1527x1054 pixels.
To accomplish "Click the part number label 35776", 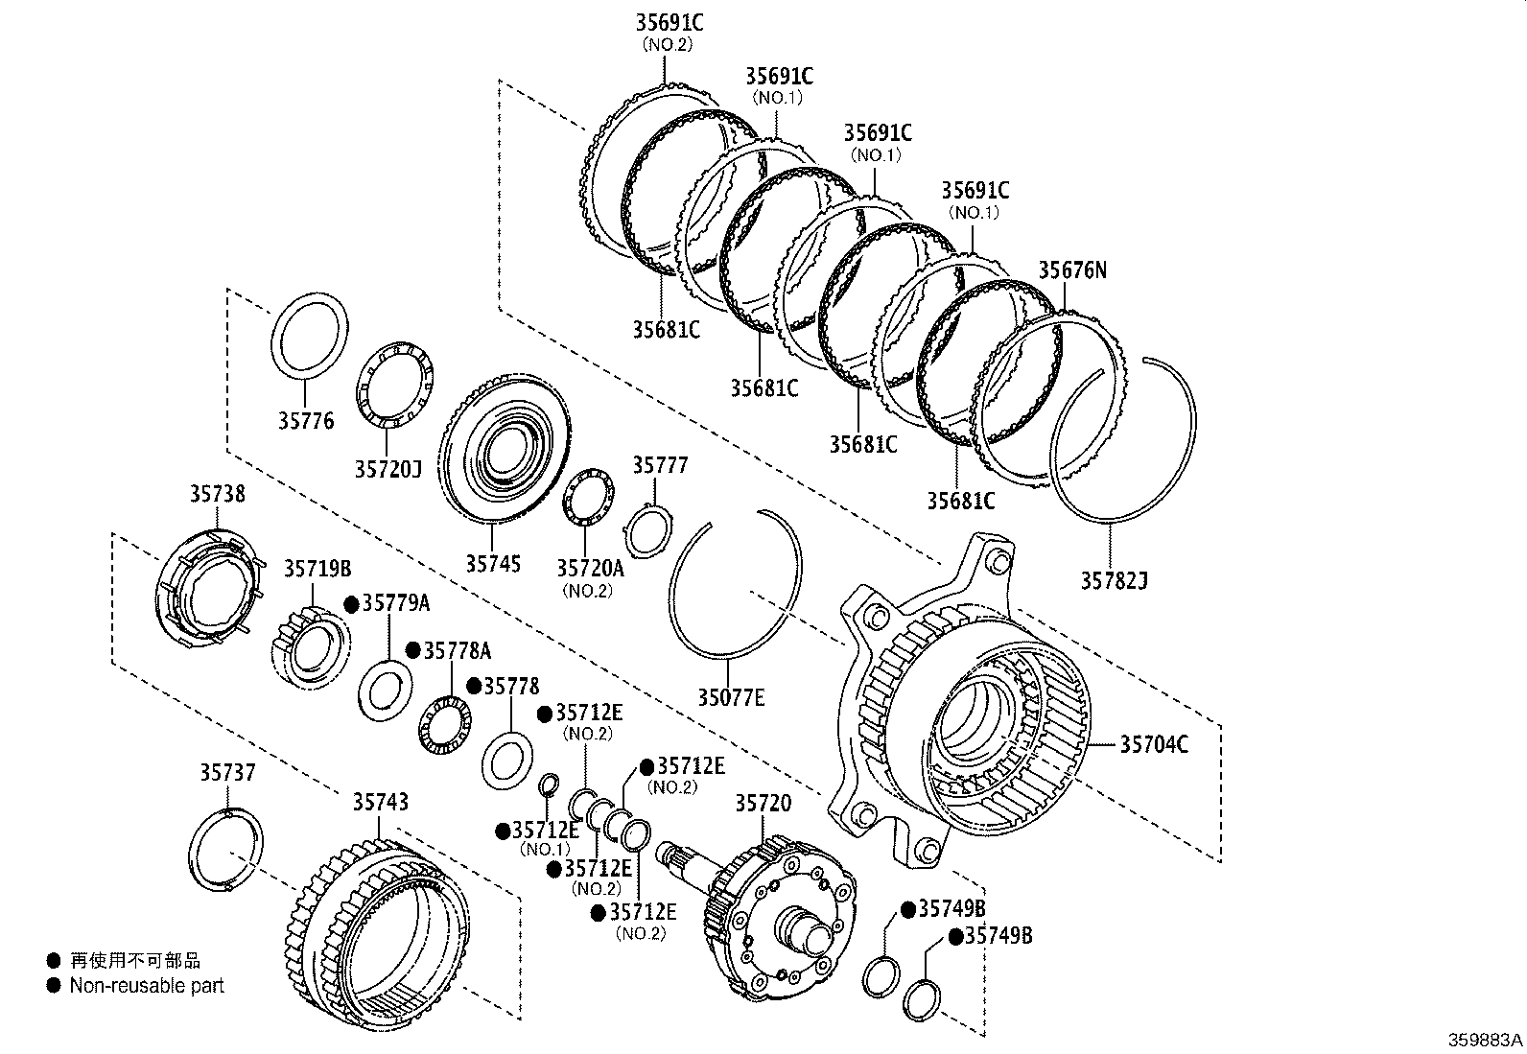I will (306, 420).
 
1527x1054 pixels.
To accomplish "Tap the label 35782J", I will (1114, 580).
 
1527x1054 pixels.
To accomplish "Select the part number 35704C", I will (1154, 743).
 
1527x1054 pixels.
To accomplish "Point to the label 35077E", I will (731, 697).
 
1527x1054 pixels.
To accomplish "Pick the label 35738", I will (216, 494).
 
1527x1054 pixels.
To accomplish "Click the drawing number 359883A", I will (1485, 1040).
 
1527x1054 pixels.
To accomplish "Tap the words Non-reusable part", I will (146, 985).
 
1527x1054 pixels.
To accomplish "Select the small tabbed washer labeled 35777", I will (648, 528).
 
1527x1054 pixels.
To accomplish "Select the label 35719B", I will (317, 569).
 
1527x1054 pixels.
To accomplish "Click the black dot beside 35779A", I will (351, 603).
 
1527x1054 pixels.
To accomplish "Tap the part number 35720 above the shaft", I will (763, 803).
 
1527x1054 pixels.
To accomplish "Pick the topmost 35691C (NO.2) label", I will (669, 22).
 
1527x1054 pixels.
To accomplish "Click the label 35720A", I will (590, 568).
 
